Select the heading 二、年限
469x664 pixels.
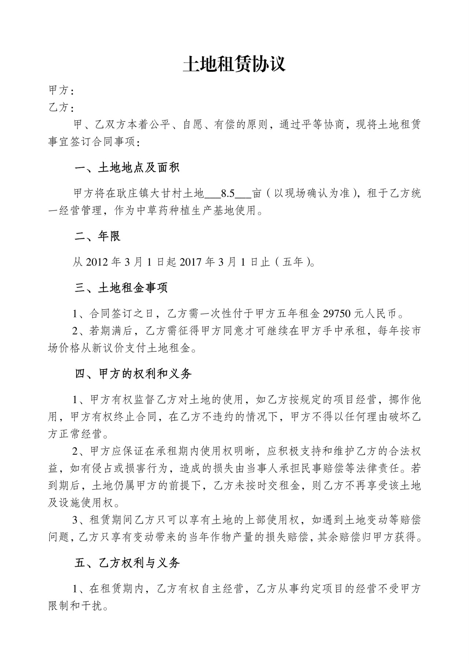(x=97, y=236)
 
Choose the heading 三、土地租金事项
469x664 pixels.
(x=121, y=288)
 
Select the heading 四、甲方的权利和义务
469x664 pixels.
(x=133, y=374)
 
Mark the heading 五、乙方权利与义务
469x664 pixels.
(x=127, y=563)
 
